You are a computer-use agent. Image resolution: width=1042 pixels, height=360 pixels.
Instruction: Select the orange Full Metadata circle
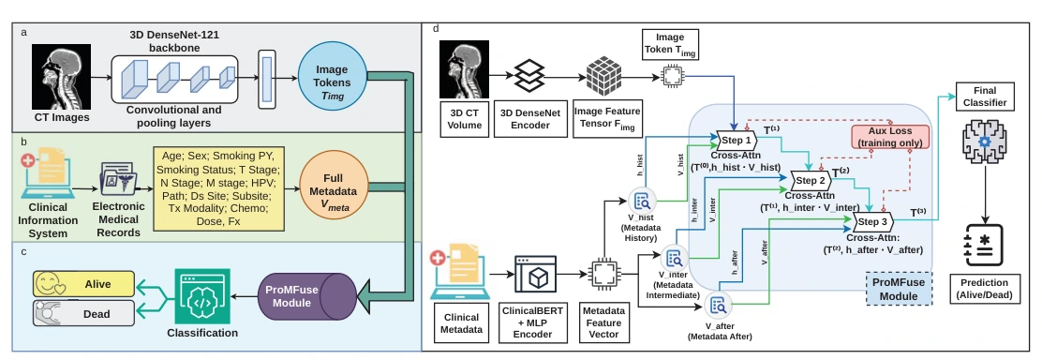333,191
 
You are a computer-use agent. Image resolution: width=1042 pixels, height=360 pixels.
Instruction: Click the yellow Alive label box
83,284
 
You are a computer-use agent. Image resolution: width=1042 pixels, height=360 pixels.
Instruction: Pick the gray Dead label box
83,313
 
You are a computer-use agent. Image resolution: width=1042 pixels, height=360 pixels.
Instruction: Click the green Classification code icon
202,296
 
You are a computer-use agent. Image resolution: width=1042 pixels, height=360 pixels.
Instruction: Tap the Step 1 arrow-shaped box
737,141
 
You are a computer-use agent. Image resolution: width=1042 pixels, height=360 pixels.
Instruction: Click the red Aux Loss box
890,137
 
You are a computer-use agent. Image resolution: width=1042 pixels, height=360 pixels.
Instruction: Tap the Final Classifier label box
986,97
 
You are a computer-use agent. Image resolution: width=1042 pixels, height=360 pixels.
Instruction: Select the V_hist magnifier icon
643,201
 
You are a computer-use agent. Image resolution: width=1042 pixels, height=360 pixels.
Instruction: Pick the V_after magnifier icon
719,306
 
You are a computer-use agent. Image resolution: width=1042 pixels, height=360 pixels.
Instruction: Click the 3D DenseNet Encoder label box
530,118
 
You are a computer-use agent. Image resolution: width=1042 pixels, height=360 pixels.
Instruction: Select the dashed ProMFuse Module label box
900,288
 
